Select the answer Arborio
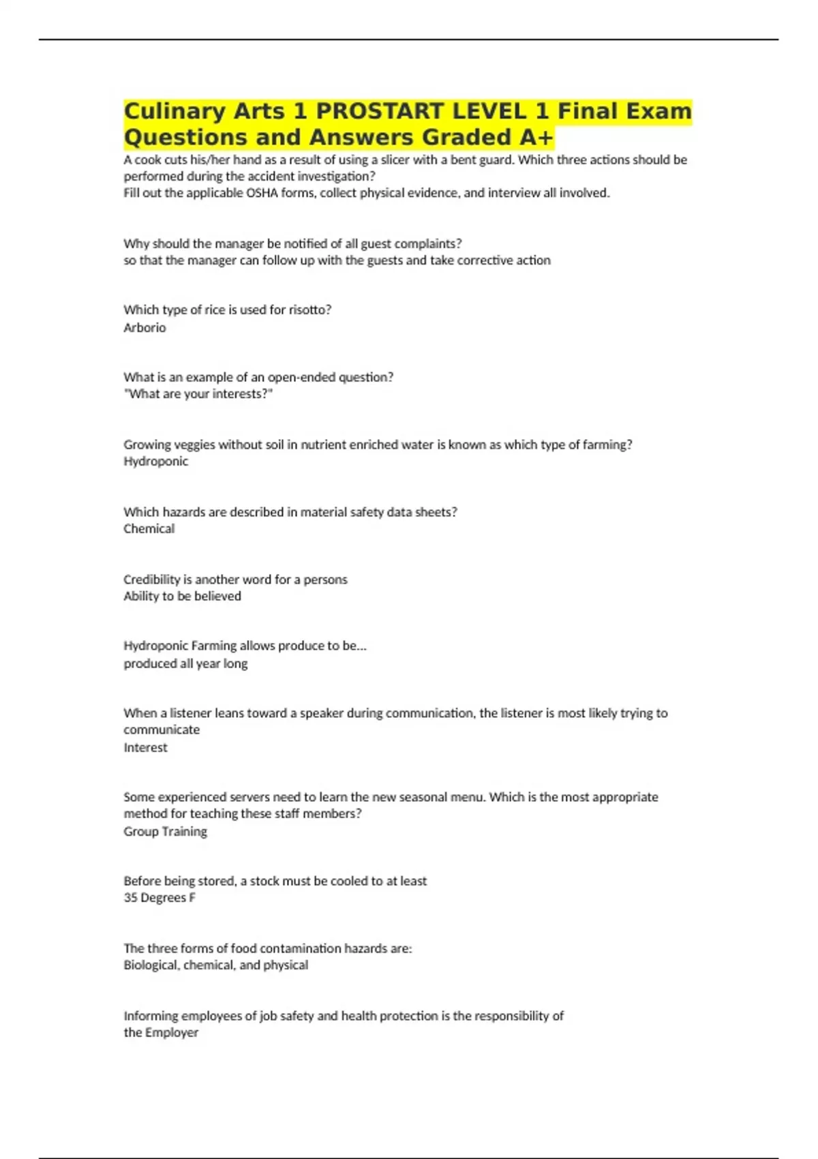tap(145, 327)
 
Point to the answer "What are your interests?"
tap(198, 394)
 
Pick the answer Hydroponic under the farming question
tap(155, 462)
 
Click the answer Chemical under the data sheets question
tap(149, 529)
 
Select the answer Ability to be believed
tap(182, 596)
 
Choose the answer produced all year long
tap(185, 663)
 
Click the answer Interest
tap(145, 747)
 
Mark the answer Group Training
tap(165, 831)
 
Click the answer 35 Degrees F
tap(160, 898)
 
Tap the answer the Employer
tap(161, 1032)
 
